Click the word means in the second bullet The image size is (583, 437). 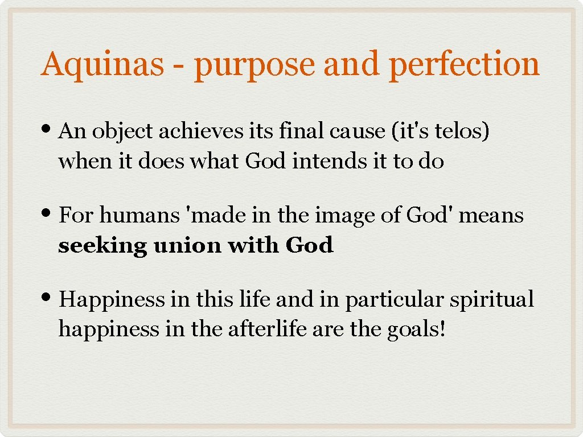494,216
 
